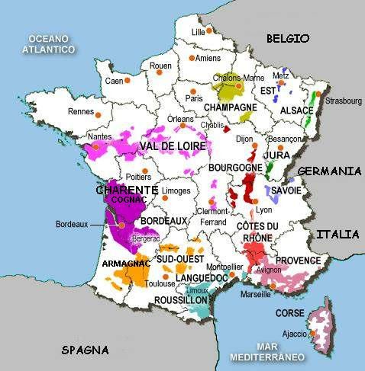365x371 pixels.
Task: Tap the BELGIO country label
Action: pos(287,38)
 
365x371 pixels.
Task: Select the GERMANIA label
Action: pos(329,172)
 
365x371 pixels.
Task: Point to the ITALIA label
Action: pos(337,234)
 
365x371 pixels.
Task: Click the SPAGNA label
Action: pos(85,350)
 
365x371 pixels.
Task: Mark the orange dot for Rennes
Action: pos(99,114)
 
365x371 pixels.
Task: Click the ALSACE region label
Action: pos(294,109)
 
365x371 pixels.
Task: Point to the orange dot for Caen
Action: pos(128,80)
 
